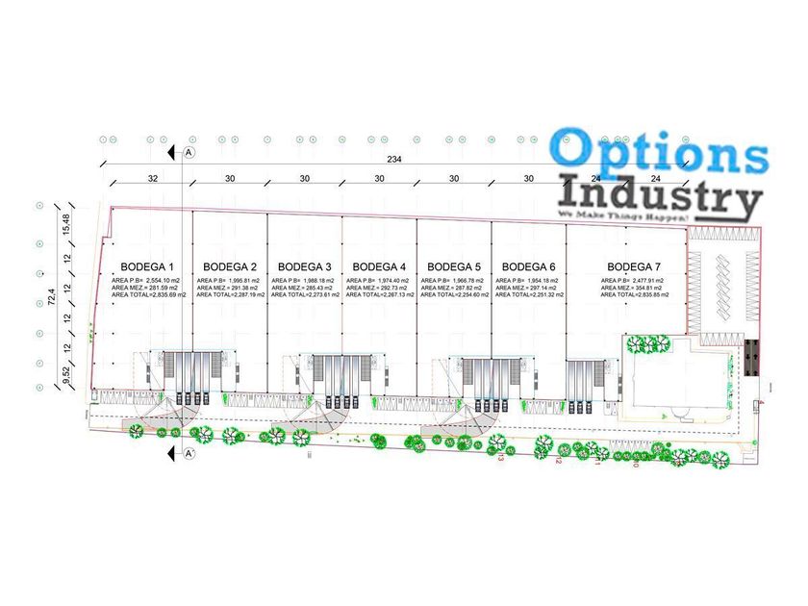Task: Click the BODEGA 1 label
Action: (147, 266)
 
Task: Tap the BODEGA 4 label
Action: (379, 266)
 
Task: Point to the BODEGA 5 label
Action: (454, 266)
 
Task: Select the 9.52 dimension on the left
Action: (66, 375)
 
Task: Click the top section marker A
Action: (189, 153)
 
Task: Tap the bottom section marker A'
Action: (189, 453)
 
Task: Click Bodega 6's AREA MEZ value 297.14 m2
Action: (541, 288)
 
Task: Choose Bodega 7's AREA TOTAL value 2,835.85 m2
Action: (655, 295)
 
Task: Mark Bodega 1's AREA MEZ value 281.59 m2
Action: (161, 288)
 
